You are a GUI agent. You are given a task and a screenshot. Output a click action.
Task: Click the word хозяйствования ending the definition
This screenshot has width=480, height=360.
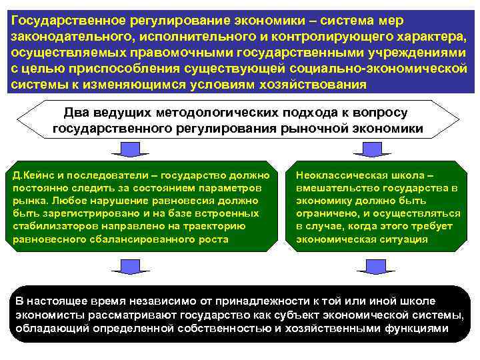(x=312, y=85)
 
